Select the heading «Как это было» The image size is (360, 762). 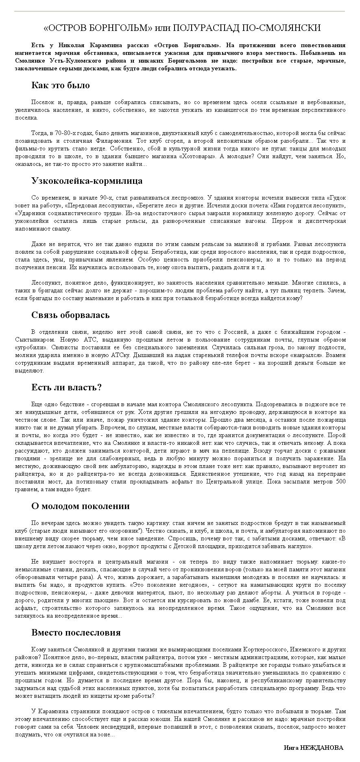[60, 85]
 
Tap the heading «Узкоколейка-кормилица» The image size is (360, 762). [87, 181]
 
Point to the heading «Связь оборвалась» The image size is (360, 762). [70, 315]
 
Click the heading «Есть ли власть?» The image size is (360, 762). [66, 388]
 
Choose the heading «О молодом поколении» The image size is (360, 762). [81, 506]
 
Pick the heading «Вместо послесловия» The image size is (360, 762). [76, 633]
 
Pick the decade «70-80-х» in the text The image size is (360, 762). [65, 133]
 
